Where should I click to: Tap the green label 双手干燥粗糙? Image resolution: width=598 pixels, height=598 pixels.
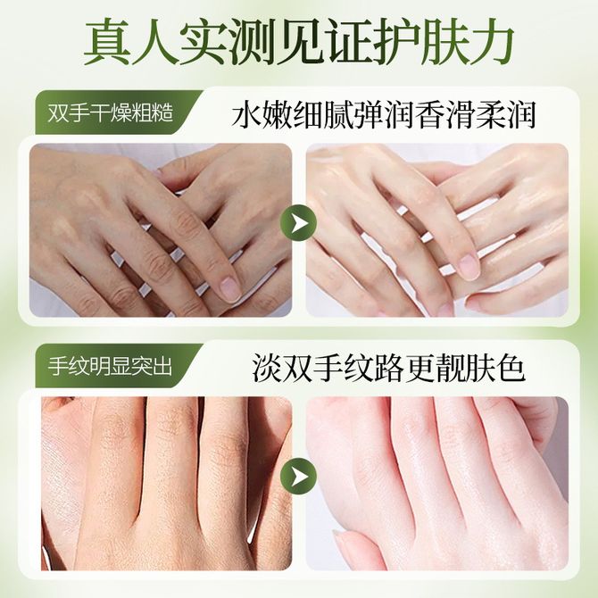pos(111,113)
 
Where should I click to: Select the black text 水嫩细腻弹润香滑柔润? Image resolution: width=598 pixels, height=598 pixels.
pos(384,114)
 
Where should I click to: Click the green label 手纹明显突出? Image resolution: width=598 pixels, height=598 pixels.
pos(110,367)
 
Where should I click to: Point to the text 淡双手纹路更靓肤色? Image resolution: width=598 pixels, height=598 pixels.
pos(389,369)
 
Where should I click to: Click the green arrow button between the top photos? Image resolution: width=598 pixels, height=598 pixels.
pos(299,223)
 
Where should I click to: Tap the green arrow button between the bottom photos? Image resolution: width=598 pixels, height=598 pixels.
pos(299,477)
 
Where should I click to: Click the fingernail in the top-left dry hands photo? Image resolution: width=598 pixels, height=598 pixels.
pos(228,287)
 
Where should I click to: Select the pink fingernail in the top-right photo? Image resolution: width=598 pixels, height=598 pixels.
pos(469,265)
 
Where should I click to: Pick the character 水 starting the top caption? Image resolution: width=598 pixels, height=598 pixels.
pos(246,114)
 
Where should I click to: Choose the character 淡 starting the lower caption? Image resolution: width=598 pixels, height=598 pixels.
pos(267,369)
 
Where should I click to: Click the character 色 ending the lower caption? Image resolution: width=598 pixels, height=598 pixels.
pos(511,369)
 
